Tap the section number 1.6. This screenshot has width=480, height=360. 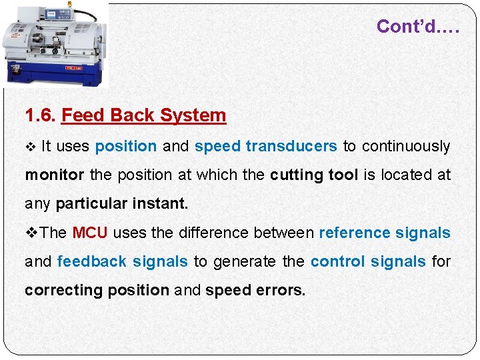[40, 115]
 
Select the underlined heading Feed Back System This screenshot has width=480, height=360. [143, 115]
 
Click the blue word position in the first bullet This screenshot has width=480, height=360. [126, 146]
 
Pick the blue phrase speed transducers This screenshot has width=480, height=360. [265, 146]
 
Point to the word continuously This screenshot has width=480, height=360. [397, 146]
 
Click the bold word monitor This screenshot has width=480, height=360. [55, 175]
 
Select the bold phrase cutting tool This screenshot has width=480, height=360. [313, 175]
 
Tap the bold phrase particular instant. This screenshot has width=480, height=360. [122, 203]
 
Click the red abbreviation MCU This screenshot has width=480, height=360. [89, 233]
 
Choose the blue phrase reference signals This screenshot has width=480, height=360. [385, 233]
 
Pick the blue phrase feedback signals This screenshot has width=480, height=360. [123, 261]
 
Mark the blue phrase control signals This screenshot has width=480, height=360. [368, 261]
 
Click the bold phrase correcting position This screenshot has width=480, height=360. [97, 290]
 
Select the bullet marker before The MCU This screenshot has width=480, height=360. [32, 233]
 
